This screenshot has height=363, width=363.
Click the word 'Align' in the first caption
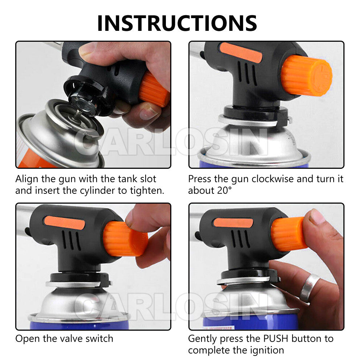click(x=27, y=179)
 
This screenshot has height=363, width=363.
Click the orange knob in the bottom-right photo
click(x=289, y=234)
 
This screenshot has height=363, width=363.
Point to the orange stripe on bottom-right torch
click(x=233, y=223)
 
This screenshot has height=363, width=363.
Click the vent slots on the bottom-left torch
click(x=71, y=240)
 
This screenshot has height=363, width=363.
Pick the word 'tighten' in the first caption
click(x=147, y=191)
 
